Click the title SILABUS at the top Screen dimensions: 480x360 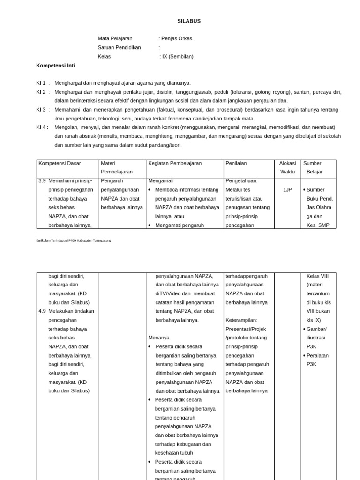click(189, 21)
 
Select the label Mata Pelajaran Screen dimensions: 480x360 click(115, 38)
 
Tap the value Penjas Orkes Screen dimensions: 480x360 click(176, 38)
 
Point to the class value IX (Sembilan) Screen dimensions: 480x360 click(177, 56)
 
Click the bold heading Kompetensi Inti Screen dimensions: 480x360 click(55, 65)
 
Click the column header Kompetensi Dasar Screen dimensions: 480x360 click(60, 163)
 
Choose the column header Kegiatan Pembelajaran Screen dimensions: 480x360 click(175, 163)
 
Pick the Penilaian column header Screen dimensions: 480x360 click(236, 163)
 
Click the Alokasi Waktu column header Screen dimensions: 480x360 click(287, 167)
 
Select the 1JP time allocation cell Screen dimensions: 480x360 click(287, 190)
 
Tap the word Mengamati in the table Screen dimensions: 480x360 click(161, 180)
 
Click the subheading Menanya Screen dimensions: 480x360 click(159, 337)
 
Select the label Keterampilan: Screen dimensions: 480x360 click(241, 320)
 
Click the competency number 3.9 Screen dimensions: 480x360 click(42, 180)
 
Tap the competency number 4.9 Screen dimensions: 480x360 click(42, 311)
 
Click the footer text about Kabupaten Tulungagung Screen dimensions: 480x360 click(74, 240)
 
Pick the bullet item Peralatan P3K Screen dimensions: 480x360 click(317, 360)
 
